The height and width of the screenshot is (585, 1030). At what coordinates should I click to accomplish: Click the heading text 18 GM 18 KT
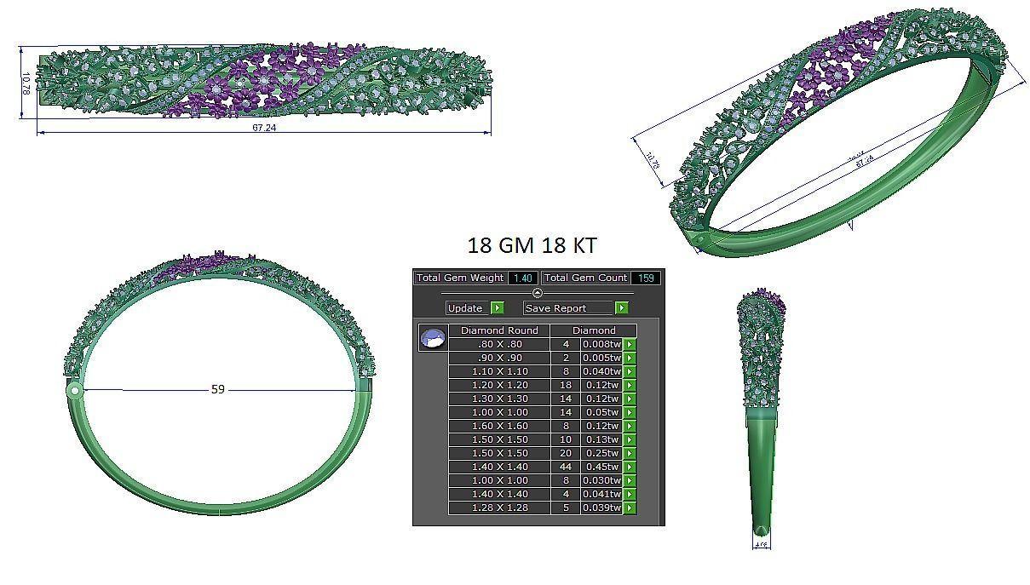[x=532, y=246]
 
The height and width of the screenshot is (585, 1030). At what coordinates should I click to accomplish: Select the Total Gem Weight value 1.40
[x=522, y=278]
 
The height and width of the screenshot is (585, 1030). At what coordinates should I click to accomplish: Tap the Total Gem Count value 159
[x=645, y=278]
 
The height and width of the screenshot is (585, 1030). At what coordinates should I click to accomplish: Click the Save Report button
[x=568, y=308]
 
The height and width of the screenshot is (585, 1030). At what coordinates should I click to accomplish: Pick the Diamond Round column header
[x=498, y=330]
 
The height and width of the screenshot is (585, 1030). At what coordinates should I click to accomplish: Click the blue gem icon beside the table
[x=433, y=338]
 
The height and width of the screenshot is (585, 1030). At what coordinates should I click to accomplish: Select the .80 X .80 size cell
[x=499, y=344]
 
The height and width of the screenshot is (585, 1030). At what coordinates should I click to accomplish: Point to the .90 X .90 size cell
[x=499, y=358]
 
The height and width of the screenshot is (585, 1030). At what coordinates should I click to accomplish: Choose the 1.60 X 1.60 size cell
[x=499, y=426]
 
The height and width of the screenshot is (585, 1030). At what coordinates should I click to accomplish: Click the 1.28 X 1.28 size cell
[x=499, y=508]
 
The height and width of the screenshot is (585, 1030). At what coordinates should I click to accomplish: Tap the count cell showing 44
[x=566, y=467]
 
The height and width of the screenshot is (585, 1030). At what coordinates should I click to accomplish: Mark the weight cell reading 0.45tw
[x=601, y=467]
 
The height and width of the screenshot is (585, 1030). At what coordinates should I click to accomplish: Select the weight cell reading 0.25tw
[x=601, y=453]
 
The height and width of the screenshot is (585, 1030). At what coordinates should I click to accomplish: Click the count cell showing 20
[x=566, y=453]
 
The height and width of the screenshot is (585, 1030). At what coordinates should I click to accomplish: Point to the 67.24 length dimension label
[x=264, y=128]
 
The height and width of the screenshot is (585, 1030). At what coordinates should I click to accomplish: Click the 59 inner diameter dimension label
[x=218, y=389]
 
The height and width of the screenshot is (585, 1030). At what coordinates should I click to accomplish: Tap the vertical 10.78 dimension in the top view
[x=26, y=83]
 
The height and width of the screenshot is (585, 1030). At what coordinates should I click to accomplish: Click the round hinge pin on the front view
[x=75, y=391]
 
